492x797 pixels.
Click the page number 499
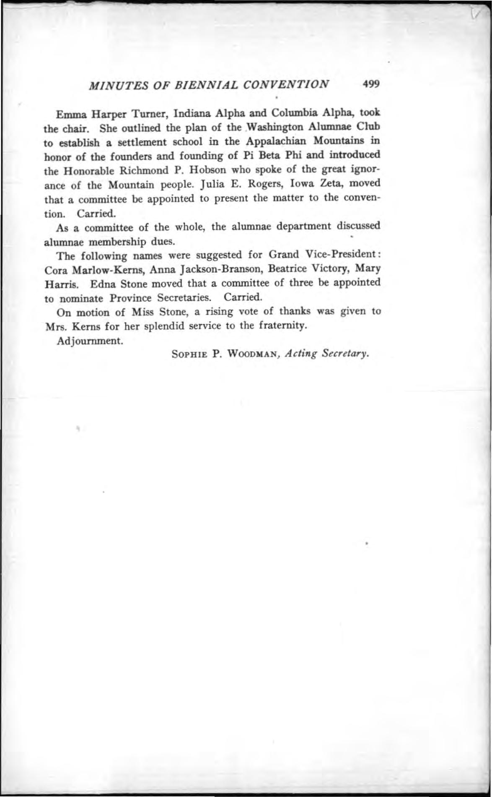tap(371, 84)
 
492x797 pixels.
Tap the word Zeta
tap(332, 184)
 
